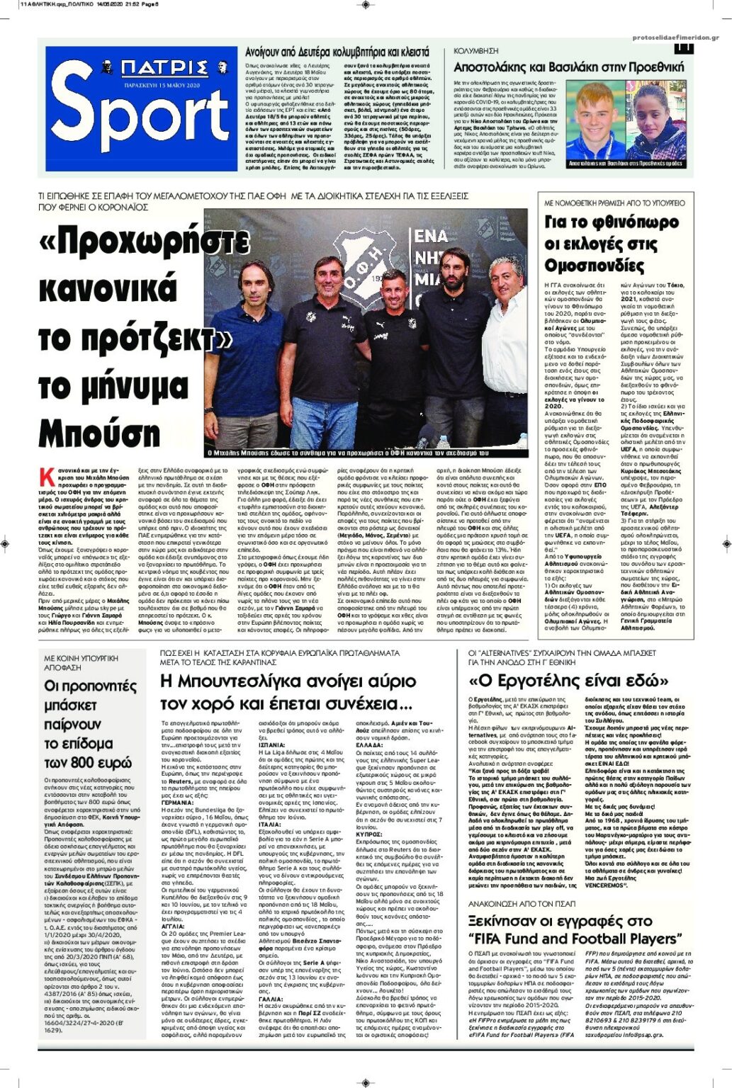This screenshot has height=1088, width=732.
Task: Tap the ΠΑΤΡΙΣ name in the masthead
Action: pos(164,68)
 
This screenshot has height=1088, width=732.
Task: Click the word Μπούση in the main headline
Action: pos(100,433)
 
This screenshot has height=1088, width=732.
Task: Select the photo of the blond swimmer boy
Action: pos(594,120)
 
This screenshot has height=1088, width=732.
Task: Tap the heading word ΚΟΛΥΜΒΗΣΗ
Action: pos(476,51)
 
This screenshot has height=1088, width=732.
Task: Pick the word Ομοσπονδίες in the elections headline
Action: pos(585,266)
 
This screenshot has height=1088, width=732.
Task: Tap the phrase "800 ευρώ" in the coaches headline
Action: pos(89,763)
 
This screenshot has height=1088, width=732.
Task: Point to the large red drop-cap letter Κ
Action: pos(47,476)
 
